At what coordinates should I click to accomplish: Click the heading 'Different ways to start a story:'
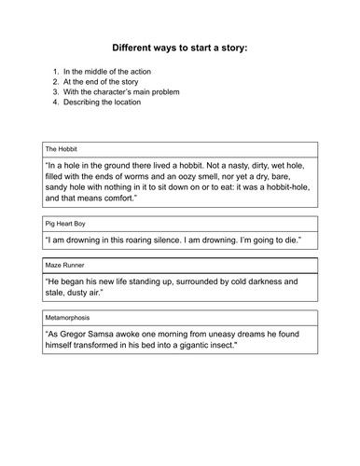click(180, 47)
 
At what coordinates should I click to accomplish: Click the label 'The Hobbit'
click(62, 148)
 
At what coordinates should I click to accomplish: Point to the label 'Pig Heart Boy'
click(66, 226)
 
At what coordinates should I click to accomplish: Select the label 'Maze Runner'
click(65, 267)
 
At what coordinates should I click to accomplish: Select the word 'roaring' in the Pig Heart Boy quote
click(165, 240)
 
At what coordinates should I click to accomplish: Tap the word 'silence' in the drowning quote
click(204, 240)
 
